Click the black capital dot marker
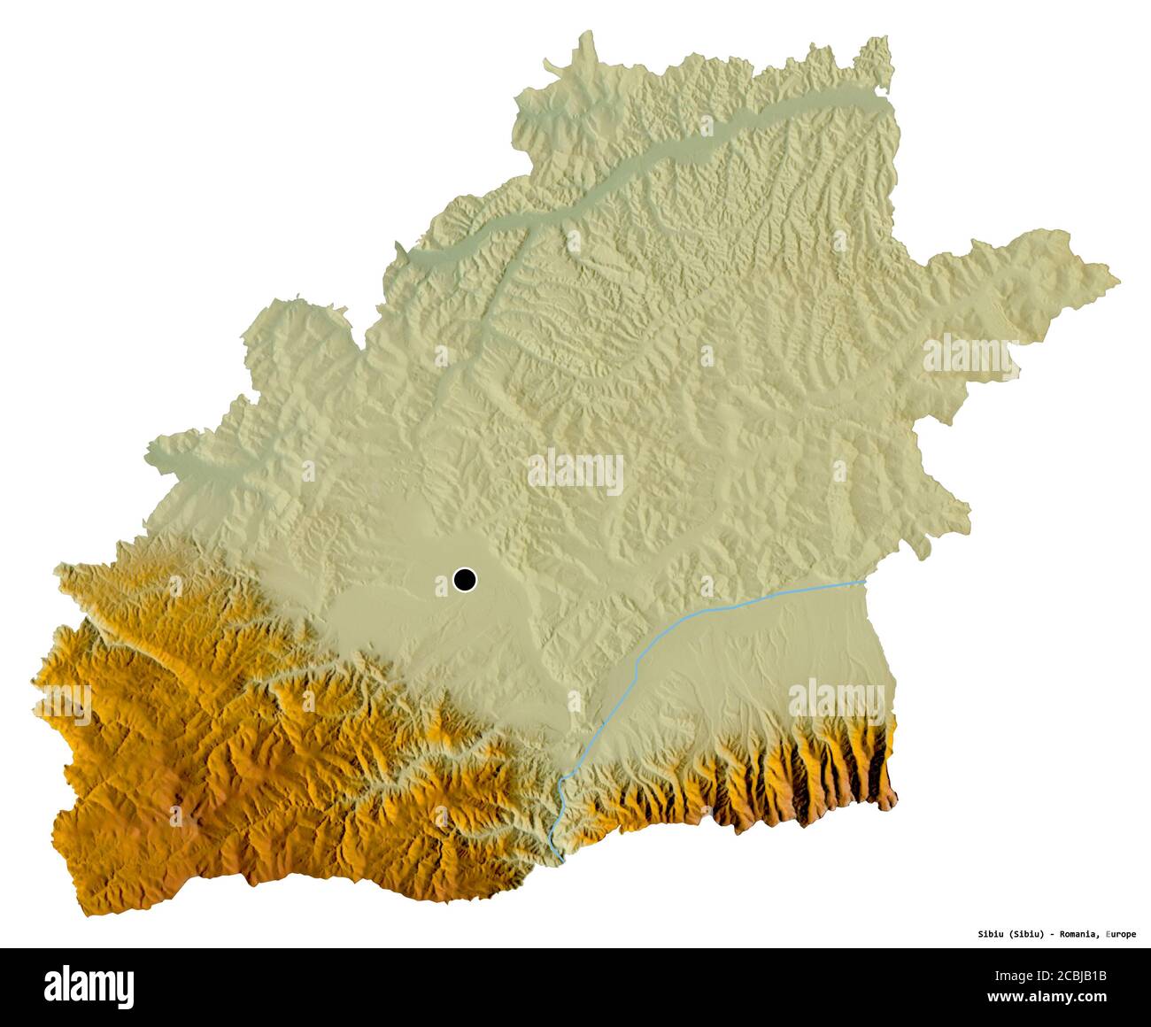click(x=464, y=580)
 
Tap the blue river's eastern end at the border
click(x=864, y=582)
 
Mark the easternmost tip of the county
click(x=1118, y=282)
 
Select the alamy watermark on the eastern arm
click(x=970, y=355)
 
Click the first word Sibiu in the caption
click(x=990, y=934)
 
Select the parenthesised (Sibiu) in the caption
click(x=1030, y=934)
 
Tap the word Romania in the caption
click(x=1081, y=934)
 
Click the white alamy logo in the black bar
click(x=89, y=985)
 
